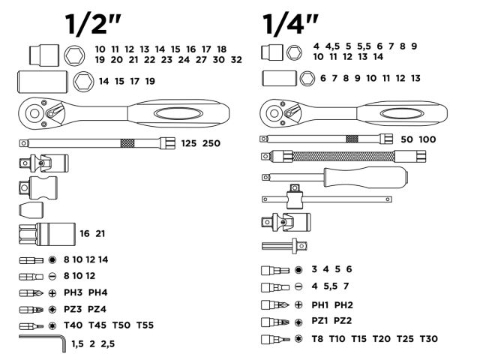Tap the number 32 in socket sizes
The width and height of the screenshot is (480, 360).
click(237, 59)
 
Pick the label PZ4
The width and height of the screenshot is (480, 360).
click(98, 309)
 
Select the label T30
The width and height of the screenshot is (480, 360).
click(427, 339)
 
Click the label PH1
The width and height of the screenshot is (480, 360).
click(321, 304)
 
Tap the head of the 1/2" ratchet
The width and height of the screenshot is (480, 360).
click(36, 113)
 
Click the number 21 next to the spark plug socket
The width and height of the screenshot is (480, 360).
click(100, 234)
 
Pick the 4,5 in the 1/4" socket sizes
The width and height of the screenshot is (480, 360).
click(332, 46)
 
